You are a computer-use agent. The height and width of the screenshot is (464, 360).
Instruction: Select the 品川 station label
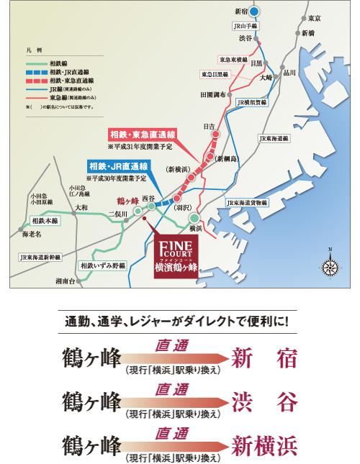289,73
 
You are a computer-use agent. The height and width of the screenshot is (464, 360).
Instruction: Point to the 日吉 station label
209,126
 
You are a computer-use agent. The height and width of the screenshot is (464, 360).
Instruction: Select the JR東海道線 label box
274,137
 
